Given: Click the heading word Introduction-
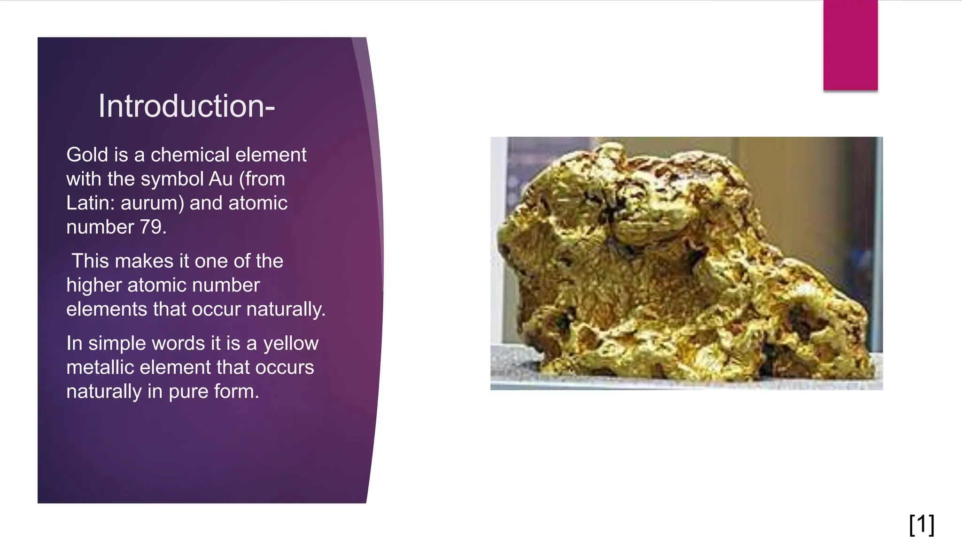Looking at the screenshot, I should coord(186,106).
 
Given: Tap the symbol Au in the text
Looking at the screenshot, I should coord(221,179).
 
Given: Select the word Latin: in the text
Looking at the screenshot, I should coord(91,203).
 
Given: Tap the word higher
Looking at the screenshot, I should coord(93,286).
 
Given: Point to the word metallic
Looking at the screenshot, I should coord(100,368).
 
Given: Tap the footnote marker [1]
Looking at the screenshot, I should coord(922,524).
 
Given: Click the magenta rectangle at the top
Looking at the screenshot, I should coord(850,45).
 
